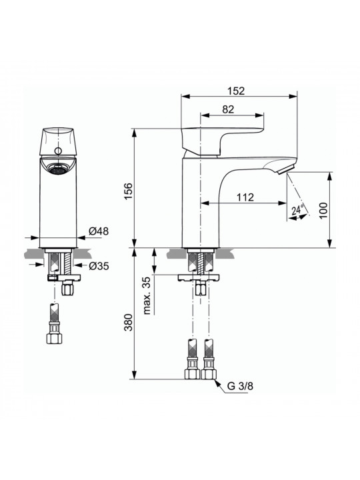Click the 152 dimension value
(236, 91)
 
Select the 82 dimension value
(228, 109)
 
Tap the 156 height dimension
(128, 191)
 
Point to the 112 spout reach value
(245, 197)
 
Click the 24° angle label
(297, 210)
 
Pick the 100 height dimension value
(323, 211)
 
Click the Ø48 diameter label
(99, 231)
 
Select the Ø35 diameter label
(99, 266)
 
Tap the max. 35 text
(147, 296)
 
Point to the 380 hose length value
(128, 323)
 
